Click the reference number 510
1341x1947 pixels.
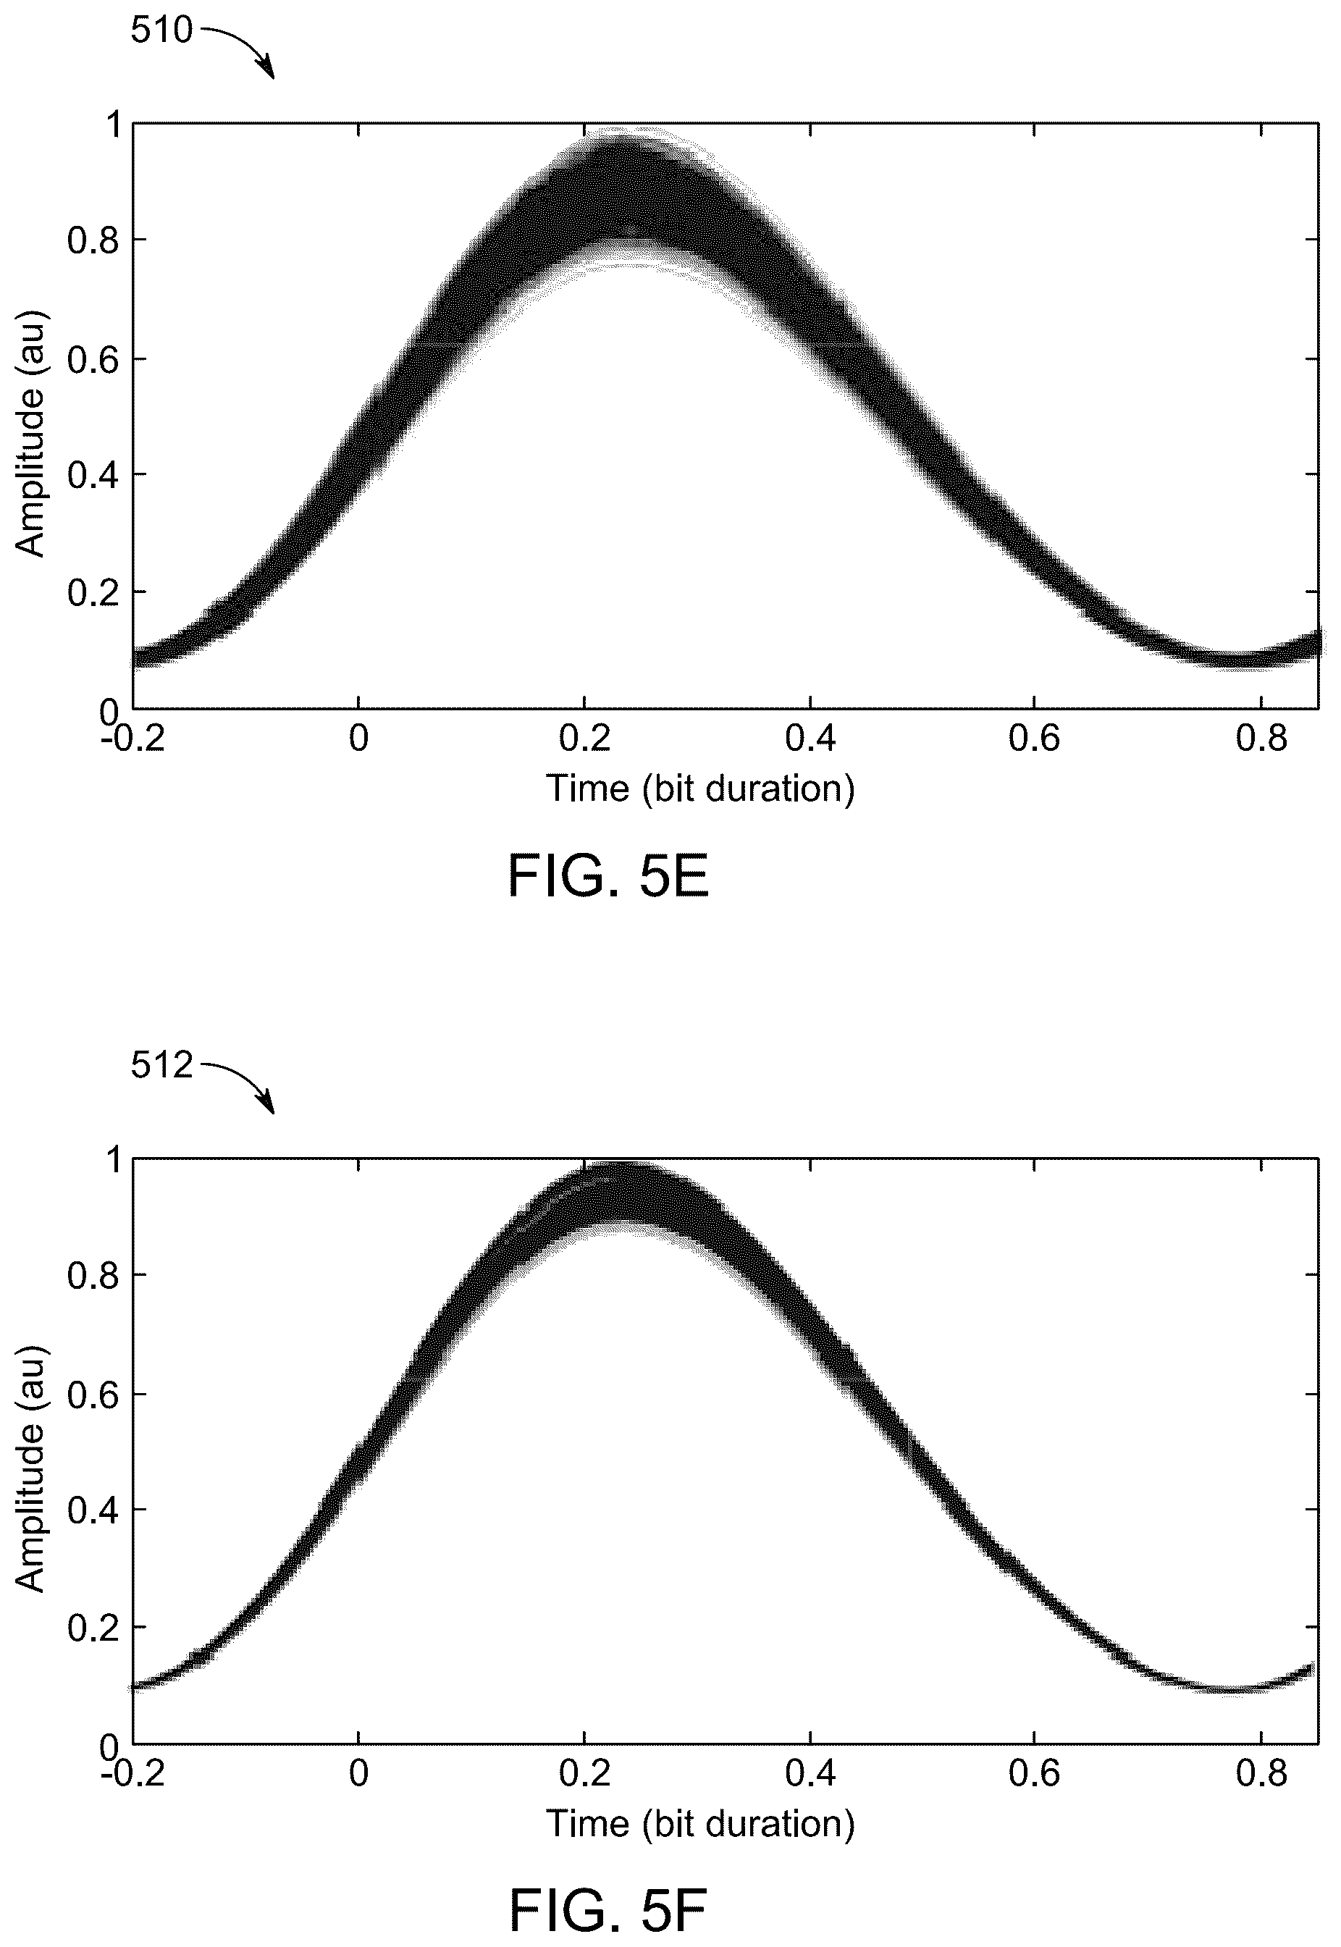pos(161,31)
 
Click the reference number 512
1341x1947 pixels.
pos(161,1066)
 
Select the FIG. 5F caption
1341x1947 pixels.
pos(608,1911)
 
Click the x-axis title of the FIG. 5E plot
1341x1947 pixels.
pos(701,789)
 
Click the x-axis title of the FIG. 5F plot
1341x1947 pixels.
pos(701,1823)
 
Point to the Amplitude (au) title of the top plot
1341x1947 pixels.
pos(31,434)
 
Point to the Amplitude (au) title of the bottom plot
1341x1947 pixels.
pos(31,1468)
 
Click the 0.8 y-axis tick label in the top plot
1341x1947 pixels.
pos(95,241)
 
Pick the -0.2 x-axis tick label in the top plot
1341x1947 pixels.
pos(132,739)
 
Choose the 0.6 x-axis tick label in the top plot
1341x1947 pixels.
pos(1034,739)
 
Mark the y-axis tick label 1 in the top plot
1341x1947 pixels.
pos(112,125)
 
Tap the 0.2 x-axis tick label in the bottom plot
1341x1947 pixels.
pos(585,1774)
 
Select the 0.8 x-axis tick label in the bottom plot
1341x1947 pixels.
pos(1261,1774)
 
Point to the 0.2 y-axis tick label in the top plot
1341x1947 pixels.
pos(95,593)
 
